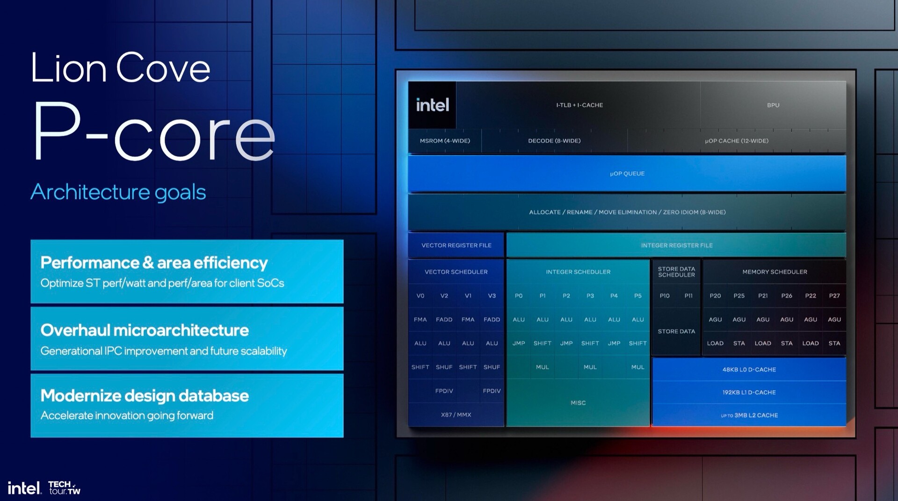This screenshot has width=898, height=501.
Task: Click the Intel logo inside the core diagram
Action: click(432, 105)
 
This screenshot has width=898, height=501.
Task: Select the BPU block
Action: click(773, 105)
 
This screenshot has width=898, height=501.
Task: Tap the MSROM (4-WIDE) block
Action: click(445, 141)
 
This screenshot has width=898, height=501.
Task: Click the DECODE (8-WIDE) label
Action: click(554, 141)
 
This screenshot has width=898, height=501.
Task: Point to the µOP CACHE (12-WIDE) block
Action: click(737, 141)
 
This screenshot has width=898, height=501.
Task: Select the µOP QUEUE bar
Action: click(627, 174)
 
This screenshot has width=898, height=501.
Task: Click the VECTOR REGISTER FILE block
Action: click(456, 245)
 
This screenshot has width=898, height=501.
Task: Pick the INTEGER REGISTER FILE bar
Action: click(676, 245)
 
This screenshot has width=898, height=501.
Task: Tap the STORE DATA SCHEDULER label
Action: click(676, 272)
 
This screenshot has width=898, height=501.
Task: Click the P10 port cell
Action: click(665, 296)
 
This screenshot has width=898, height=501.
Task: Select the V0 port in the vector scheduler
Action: click(420, 296)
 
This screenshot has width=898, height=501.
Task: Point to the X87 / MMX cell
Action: click(456, 414)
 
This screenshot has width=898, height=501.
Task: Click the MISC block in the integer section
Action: click(578, 403)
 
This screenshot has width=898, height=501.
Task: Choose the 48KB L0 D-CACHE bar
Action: click(749, 370)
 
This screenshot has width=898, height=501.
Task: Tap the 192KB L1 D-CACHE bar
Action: click(749, 392)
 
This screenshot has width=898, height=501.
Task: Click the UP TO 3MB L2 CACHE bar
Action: click(749, 415)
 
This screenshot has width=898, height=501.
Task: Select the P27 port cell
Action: click(834, 296)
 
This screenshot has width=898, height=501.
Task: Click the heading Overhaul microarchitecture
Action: click(145, 330)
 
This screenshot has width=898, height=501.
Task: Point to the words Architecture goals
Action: click(118, 192)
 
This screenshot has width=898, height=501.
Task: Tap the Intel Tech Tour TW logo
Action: click(44, 487)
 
